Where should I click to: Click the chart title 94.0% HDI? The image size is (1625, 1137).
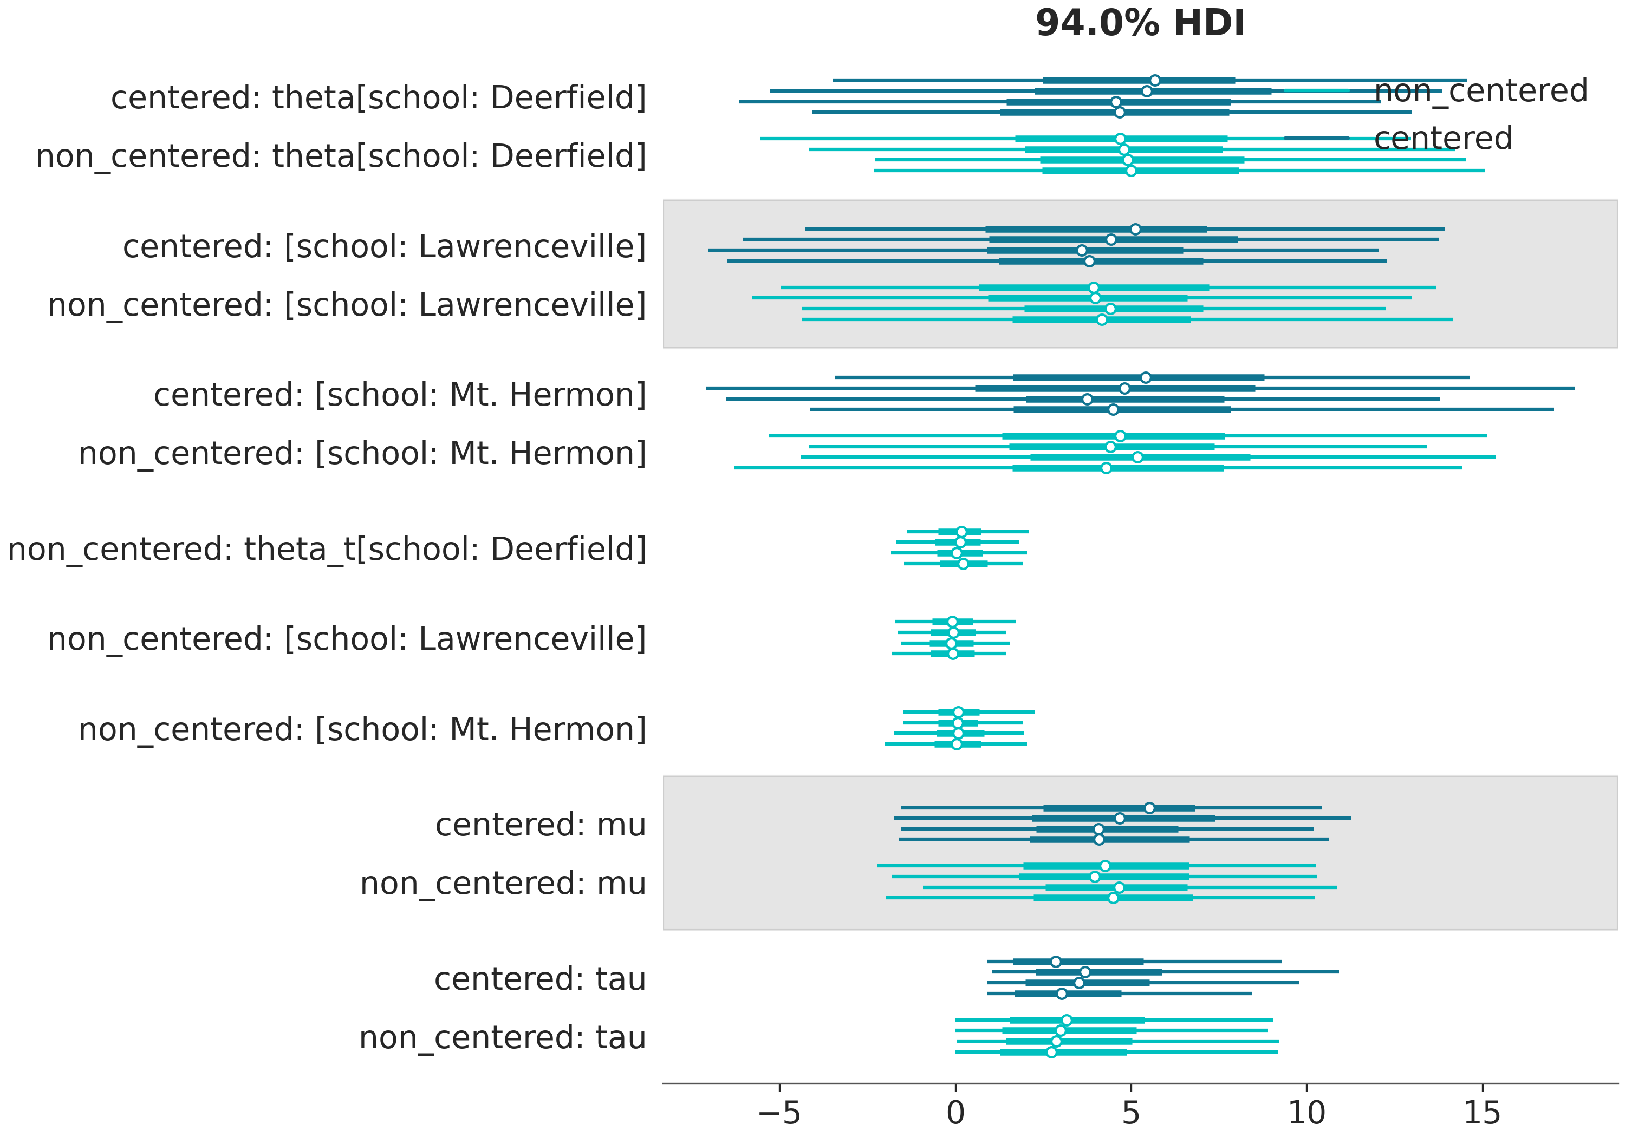coord(1140,23)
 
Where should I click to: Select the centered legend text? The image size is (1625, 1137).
coord(1442,139)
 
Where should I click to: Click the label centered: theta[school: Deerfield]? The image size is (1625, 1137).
coord(379,97)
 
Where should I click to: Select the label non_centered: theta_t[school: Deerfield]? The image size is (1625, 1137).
coord(327,549)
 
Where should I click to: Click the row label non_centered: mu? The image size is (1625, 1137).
coord(503,884)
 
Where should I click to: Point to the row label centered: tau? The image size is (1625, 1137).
coord(540,979)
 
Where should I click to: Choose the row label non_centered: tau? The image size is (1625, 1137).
coord(503,1038)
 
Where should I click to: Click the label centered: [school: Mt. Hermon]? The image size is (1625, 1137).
coord(400,395)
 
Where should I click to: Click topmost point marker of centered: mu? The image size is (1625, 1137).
coord(1149,808)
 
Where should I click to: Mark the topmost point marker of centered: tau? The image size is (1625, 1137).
coord(1056,962)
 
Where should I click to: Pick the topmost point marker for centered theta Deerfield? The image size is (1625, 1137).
coord(1155,80)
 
